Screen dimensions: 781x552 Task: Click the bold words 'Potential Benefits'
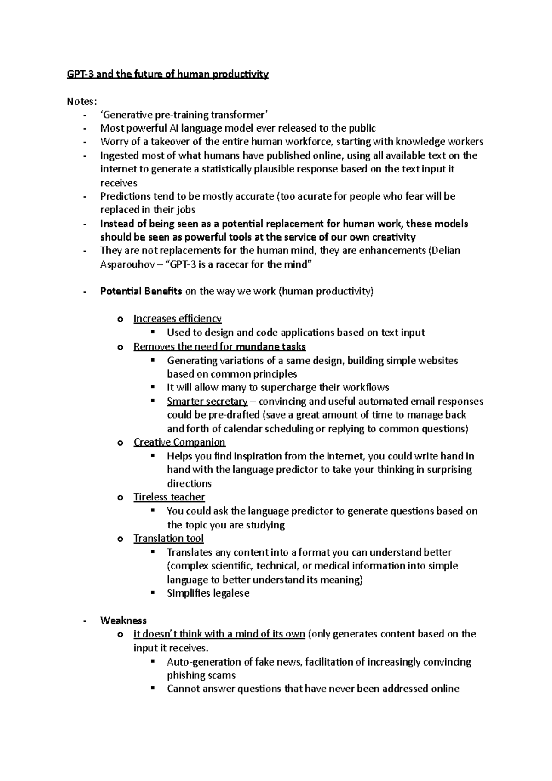[x=141, y=291]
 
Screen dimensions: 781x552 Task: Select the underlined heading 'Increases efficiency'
[x=177, y=319]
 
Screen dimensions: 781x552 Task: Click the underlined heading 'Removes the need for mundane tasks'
[x=219, y=346]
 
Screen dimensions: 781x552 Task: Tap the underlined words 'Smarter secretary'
[x=207, y=402]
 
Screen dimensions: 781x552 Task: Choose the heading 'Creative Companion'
[x=179, y=442]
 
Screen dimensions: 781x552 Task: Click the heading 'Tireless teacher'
[x=169, y=497]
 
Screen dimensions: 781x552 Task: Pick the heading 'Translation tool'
[x=168, y=539]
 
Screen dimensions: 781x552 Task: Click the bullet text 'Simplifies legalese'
[x=208, y=593]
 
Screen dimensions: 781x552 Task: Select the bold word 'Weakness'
[x=123, y=620]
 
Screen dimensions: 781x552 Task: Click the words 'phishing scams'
[x=201, y=675]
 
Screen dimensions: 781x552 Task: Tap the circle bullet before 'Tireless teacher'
[x=121, y=498]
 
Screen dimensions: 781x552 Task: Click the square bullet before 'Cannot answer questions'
[x=154, y=689]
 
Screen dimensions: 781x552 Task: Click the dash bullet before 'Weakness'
[x=85, y=621]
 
